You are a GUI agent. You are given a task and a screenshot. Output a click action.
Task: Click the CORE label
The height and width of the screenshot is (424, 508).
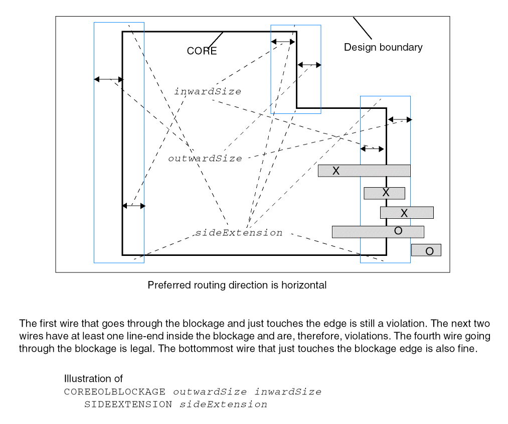click(202, 51)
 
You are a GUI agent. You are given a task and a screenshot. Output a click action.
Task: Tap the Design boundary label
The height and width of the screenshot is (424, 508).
click(383, 47)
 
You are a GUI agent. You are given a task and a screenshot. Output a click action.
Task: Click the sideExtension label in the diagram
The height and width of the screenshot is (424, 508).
click(239, 233)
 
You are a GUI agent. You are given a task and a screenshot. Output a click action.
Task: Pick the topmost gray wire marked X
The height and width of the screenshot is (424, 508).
click(364, 171)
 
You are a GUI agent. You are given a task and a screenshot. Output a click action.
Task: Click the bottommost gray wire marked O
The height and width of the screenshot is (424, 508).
click(426, 250)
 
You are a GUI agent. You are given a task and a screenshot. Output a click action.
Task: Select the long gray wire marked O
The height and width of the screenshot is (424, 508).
click(378, 231)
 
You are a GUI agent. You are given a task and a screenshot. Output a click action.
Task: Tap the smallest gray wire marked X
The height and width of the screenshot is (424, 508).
click(384, 193)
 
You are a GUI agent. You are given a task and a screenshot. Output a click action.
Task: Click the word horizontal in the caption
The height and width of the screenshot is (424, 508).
click(303, 285)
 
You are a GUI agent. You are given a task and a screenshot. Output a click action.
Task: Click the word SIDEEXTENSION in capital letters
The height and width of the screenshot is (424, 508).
click(128, 404)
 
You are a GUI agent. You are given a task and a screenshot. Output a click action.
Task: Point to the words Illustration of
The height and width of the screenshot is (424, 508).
click(93, 379)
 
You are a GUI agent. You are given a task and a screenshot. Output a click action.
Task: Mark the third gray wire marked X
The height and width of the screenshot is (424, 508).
click(406, 212)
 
